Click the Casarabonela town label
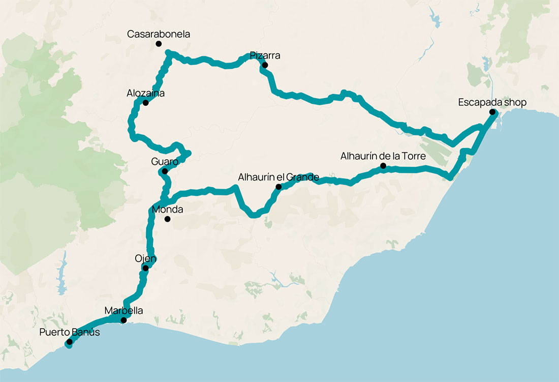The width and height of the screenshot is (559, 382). [x=158, y=35]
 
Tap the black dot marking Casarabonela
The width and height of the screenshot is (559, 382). [x=158, y=44]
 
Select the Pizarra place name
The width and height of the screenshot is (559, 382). [x=265, y=55]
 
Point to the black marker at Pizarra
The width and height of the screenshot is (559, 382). [x=265, y=65]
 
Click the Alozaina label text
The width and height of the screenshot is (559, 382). [x=145, y=94]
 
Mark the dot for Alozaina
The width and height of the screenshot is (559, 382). [x=145, y=103]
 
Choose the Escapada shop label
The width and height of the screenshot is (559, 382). [x=492, y=102]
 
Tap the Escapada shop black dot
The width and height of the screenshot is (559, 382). [x=492, y=112]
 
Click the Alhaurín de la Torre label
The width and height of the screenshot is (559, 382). [x=383, y=156]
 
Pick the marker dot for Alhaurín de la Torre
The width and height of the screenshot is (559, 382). [x=383, y=166]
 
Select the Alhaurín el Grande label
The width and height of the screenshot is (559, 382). [x=278, y=178]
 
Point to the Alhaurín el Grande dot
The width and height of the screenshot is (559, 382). [x=278, y=187]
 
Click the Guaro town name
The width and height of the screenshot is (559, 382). [x=165, y=162]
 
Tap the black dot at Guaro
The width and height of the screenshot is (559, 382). [x=165, y=171]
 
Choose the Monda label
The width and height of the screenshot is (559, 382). [x=167, y=209]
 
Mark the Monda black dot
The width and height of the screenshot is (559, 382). [x=167, y=219]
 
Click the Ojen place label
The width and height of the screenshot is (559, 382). [x=145, y=258]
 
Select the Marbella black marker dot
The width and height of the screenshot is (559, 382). [x=123, y=320]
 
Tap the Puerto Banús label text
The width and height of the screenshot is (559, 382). [x=70, y=333]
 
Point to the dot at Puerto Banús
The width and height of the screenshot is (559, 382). [x=69, y=342]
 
